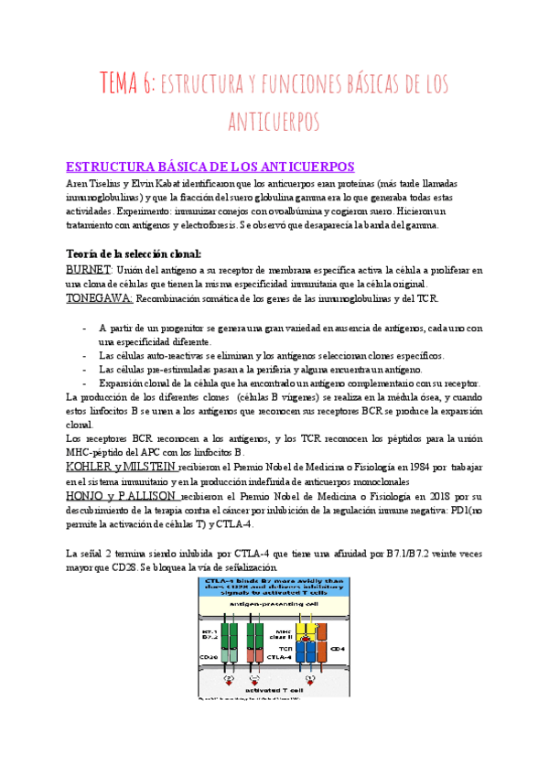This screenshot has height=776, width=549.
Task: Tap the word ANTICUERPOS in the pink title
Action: (x=274, y=122)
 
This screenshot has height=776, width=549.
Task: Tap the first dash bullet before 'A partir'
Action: (x=85, y=328)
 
